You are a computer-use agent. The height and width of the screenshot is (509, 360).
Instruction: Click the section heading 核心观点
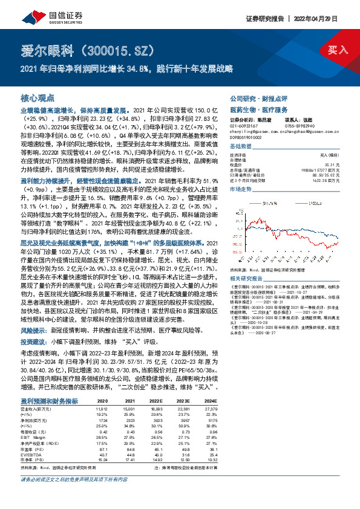pyautogui.click(x=38, y=97)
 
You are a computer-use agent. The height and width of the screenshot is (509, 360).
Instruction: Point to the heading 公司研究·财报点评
pyautogui.click(x=254, y=97)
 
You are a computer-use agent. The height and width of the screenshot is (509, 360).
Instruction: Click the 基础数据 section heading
pyautogui.click(x=241, y=146)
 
